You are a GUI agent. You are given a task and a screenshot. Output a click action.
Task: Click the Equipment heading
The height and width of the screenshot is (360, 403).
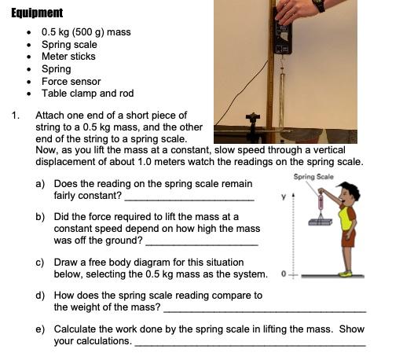click(37, 13)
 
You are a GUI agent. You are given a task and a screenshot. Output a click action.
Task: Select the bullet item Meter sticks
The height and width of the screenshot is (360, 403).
click(68, 57)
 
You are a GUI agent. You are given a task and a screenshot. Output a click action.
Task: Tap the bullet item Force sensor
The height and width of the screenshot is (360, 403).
click(71, 81)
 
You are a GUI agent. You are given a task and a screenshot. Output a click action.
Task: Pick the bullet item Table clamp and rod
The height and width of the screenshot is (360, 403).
click(87, 93)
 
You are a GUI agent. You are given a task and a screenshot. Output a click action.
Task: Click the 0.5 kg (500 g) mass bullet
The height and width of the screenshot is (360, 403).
click(86, 32)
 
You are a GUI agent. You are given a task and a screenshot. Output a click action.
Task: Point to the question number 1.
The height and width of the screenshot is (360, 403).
click(15, 116)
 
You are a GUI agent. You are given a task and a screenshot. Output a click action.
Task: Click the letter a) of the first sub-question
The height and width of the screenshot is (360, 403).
click(40, 184)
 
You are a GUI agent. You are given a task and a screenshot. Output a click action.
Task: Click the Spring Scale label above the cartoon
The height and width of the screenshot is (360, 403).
click(313, 177)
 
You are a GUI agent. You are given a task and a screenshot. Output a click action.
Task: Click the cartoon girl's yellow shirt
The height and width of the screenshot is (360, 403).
click(346, 218)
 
